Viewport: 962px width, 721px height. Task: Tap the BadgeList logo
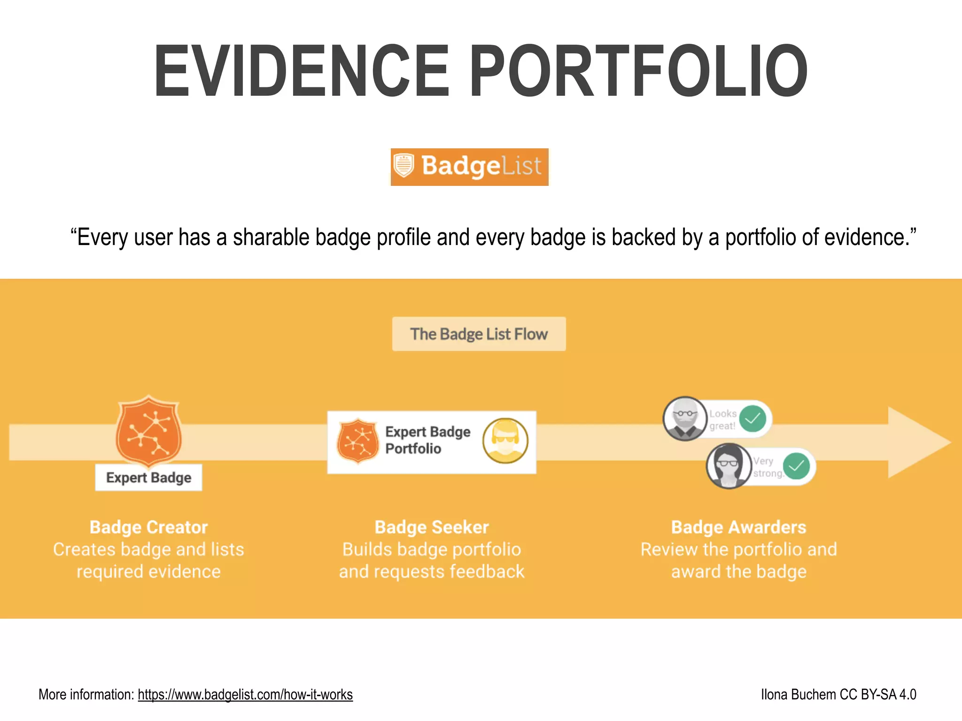pos(470,167)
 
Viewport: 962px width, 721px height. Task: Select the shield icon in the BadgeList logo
pos(403,166)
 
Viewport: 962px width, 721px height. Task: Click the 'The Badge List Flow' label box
pos(479,334)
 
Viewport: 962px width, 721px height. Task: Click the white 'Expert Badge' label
pos(148,477)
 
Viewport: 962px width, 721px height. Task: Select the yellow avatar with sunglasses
pos(505,441)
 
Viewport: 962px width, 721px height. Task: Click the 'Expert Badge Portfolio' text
pos(427,440)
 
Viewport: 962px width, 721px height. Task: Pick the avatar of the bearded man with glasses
pos(685,419)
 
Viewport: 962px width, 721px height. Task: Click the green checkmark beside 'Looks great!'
pos(753,418)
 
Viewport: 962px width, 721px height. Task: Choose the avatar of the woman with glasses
pos(729,466)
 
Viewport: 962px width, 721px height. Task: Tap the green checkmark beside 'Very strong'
pos(796,466)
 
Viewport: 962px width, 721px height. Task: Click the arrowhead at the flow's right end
pos(916,442)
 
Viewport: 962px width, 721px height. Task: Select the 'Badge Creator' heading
pos(148,527)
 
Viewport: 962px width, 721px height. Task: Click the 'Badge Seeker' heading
pos(432,527)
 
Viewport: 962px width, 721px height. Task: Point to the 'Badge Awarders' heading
pos(738,527)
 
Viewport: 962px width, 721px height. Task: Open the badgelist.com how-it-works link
pos(245,695)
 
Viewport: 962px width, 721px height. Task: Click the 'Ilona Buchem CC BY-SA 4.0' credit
pos(838,695)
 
